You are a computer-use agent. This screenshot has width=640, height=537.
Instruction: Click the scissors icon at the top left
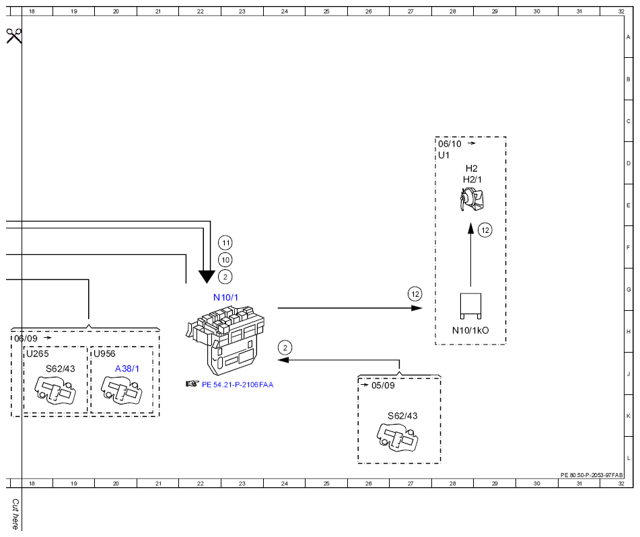tap(14, 36)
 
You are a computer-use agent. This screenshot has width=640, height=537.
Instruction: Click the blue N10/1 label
tap(225, 297)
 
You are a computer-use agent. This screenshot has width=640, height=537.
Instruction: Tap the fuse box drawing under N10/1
tap(225, 341)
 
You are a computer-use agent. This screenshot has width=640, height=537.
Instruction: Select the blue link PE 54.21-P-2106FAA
tap(238, 385)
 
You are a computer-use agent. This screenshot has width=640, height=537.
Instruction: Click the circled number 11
tap(225, 243)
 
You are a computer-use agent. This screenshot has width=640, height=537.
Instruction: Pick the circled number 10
tap(225, 260)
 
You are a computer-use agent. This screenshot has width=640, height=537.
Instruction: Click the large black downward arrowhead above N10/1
tap(207, 277)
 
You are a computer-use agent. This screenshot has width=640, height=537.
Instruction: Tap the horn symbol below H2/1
tap(472, 199)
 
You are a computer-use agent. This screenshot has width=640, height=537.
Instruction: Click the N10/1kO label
tap(470, 330)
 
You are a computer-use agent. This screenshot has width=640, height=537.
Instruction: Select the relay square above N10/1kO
tap(470, 306)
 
